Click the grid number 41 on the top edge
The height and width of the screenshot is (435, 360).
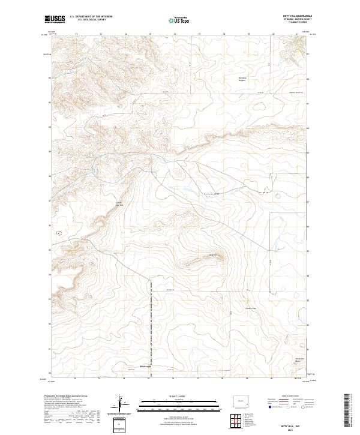pos(298,34)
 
